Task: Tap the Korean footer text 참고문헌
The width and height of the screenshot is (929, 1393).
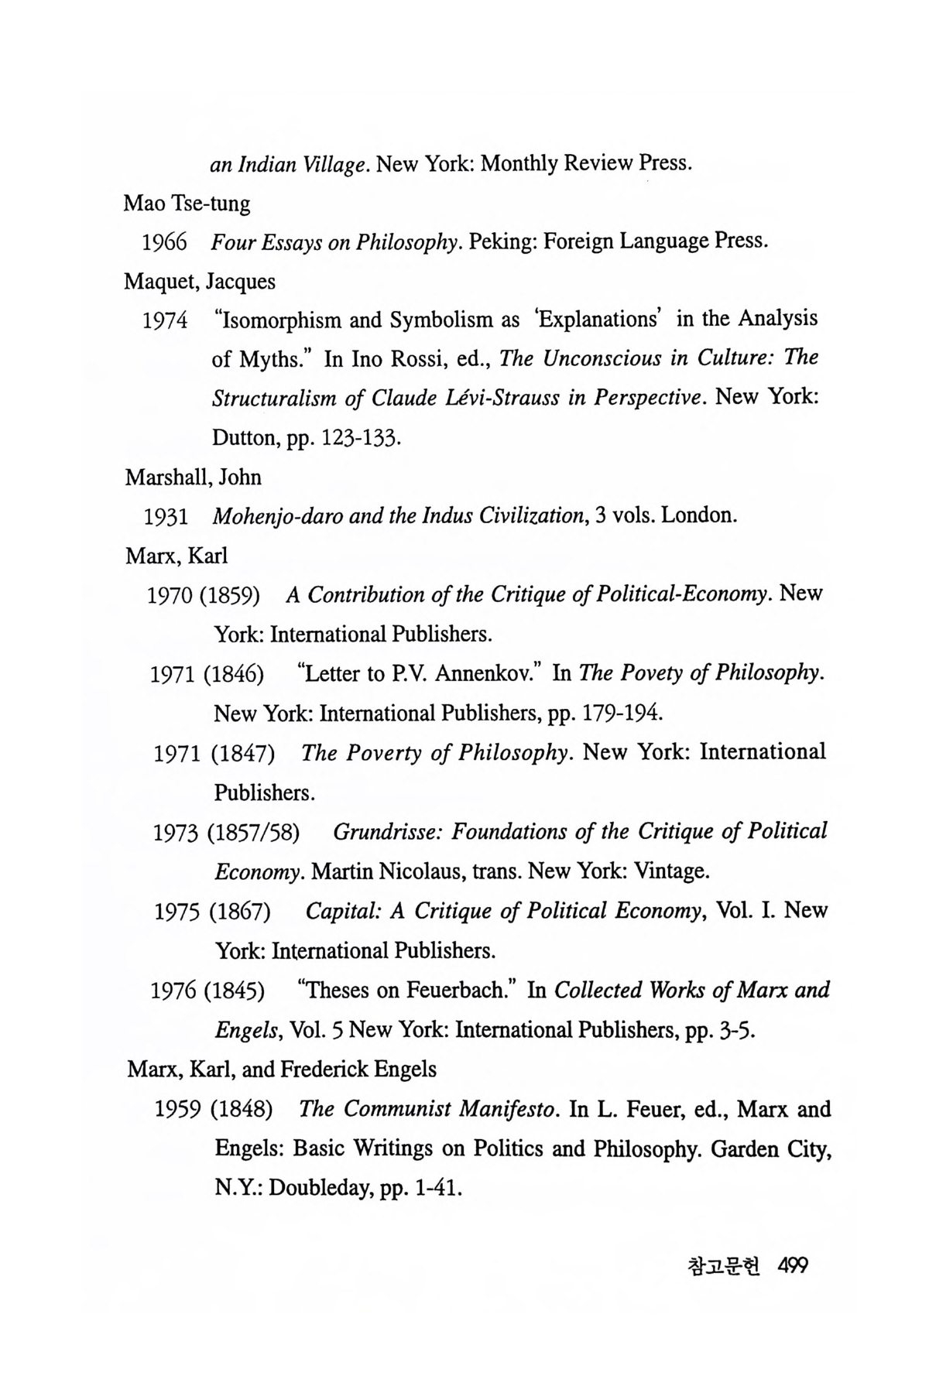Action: (724, 1267)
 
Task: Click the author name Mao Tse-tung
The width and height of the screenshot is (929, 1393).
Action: (187, 204)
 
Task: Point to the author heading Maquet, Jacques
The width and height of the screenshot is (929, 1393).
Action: (200, 281)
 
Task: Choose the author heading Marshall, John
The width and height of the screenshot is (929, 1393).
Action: (194, 477)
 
